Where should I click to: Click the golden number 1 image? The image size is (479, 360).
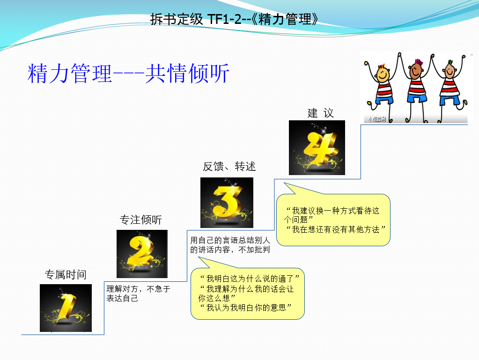(66, 308)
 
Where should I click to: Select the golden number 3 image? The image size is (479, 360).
(227, 202)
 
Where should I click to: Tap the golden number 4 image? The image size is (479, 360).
(317, 147)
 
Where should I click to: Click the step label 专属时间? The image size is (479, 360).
(66, 275)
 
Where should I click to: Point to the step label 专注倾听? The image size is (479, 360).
(141, 220)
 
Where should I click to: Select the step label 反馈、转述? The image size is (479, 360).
(229, 167)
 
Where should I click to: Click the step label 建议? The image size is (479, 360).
(320, 113)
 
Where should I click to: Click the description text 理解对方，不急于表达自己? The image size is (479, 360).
(138, 294)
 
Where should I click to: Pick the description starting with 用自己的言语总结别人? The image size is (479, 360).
(230, 245)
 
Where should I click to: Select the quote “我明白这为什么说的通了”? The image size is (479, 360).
(250, 279)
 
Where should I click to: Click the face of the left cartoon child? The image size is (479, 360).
(383, 73)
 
